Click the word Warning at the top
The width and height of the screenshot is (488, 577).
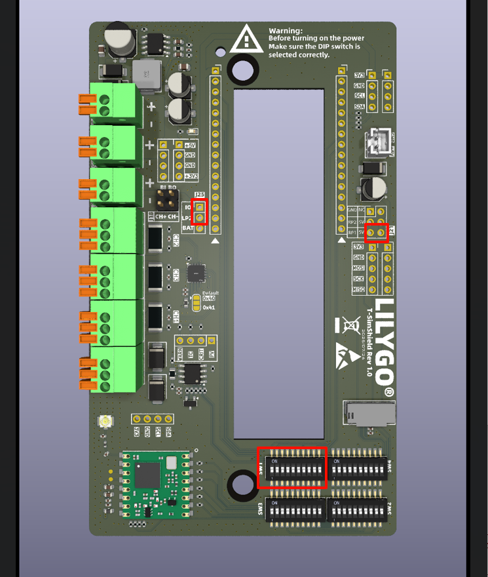pyautogui.click(x=286, y=31)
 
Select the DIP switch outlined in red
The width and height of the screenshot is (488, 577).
pyautogui.click(x=291, y=468)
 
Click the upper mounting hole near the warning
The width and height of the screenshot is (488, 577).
pyautogui.click(x=242, y=70)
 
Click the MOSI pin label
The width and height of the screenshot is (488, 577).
pyautogui.click(x=359, y=268)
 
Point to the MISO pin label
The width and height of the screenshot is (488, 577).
pyautogui.click(x=359, y=289)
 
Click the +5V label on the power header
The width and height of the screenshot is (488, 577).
pyautogui.click(x=190, y=145)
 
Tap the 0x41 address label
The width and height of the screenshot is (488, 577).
pyautogui.click(x=209, y=307)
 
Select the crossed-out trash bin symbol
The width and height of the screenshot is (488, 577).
pyautogui.click(x=351, y=325)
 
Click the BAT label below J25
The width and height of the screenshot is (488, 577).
pyautogui.click(x=187, y=228)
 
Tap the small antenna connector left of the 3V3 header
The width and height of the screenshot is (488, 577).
pyautogui.click(x=103, y=422)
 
